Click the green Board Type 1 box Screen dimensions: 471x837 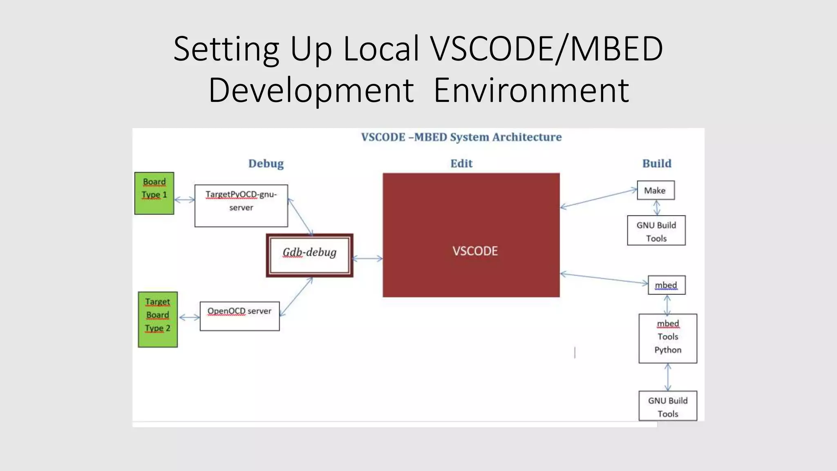point(154,193)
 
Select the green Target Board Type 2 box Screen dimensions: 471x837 point(158,319)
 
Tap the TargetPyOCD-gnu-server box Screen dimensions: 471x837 point(241,205)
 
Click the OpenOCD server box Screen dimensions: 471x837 point(239,316)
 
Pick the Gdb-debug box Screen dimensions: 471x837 point(309,255)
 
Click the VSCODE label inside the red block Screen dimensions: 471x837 point(475,251)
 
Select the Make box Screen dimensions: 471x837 point(656,190)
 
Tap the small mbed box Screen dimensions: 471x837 point(667,285)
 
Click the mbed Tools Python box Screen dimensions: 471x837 point(668,338)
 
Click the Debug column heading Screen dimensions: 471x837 point(266,164)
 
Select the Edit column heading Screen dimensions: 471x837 point(461,164)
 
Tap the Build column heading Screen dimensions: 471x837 point(657,164)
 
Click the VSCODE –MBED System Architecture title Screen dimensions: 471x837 point(461,137)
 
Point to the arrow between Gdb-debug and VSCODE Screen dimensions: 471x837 point(367,258)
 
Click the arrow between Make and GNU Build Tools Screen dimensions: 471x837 point(657,208)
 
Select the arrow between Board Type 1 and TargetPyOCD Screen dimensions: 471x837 point(184,200)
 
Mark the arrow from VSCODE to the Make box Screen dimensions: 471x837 point(599,198)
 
